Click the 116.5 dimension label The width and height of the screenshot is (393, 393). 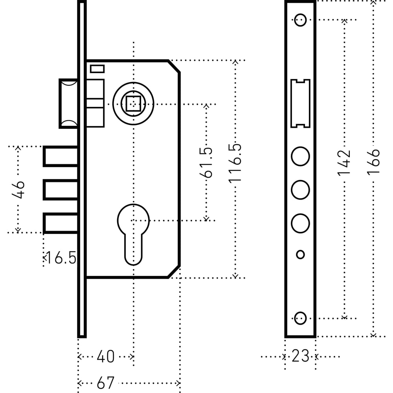coord(235,162)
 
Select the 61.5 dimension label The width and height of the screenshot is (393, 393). coord(207,162)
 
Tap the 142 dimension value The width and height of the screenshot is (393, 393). coord(344,162)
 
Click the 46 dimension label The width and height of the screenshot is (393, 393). coord(19,190)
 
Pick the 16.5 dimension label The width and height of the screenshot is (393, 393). coord(60,258)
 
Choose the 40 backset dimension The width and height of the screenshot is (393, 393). coord(105,357)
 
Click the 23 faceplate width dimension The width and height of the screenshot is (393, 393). coord(300,356)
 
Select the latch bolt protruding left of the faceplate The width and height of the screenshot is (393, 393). coord(68,104)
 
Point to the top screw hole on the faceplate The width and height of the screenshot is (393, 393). coord(300,20)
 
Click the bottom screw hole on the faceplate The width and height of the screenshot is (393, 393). coord(300,318)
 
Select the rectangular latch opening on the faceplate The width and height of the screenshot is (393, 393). coord(300,103)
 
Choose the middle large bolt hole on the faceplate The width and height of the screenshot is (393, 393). coord(300,189)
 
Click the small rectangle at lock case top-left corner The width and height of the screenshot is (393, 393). coord(97,69)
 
